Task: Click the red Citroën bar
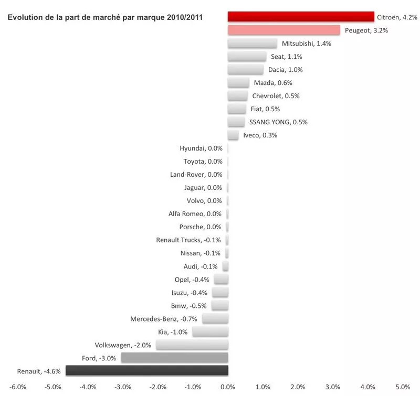pos(300,17)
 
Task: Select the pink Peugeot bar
pos(283,30)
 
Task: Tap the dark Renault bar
pos(146,371)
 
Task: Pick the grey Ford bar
pos(174,358)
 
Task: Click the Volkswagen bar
pos(192,345)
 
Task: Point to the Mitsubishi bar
pos(252,43)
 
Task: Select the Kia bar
pos(210,331)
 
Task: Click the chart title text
pos(105,17)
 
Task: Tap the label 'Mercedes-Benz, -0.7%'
pos(164,319)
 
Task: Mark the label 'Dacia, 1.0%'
pos(286,70)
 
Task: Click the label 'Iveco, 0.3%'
pos(260,135)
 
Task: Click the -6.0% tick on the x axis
pos(18,387)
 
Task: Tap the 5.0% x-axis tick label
pos(403,387)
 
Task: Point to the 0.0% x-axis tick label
pos(228,387)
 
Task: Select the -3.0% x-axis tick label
pos(123,387)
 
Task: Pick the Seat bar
pos(247,56)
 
